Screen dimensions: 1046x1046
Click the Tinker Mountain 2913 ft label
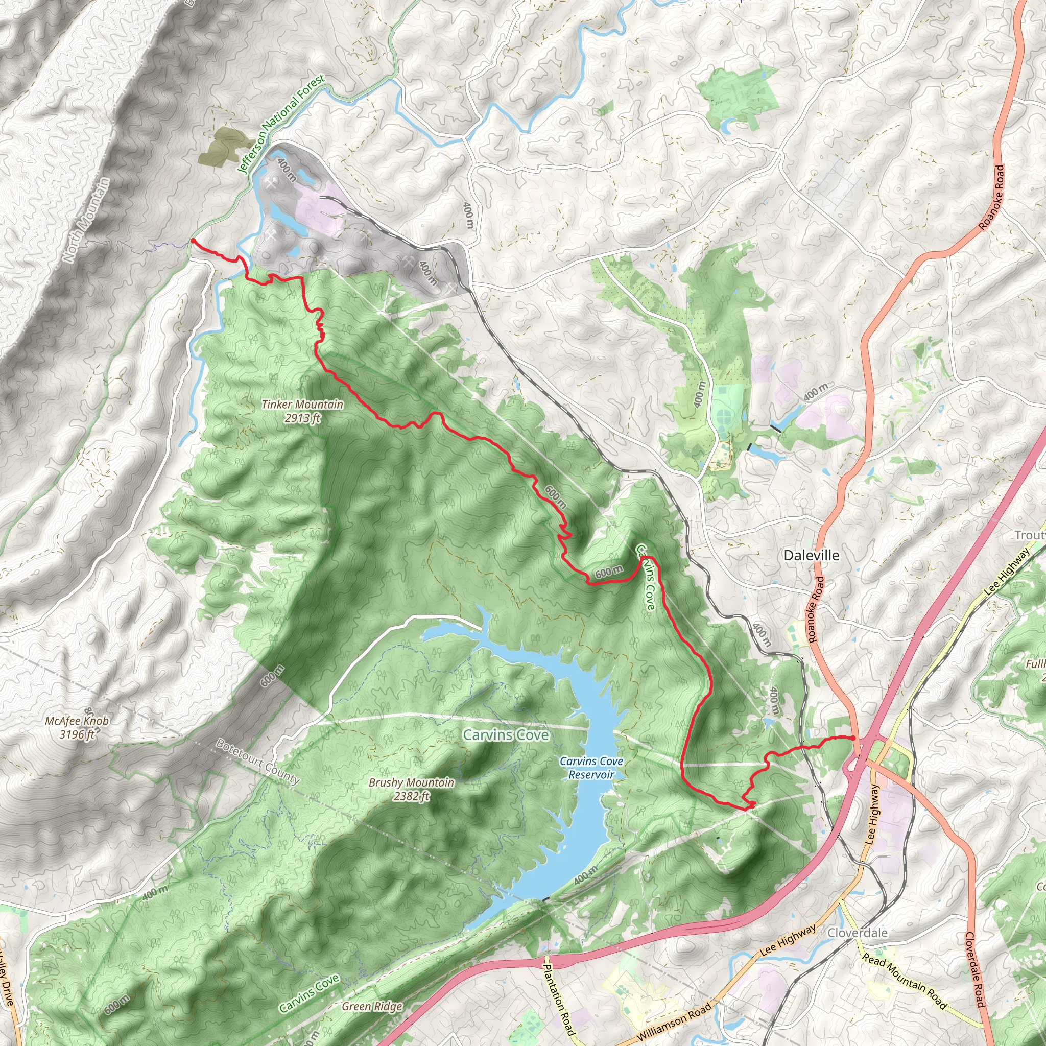point(302,411)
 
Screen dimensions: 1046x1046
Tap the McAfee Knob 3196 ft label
point(77,727)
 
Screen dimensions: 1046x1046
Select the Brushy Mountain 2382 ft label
point(412,789)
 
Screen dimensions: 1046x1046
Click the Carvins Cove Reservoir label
point(591,768)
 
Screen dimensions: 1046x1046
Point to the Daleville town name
point(812,555)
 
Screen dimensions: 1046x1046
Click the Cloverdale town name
point(858,932)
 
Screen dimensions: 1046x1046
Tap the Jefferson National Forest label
point(282,124)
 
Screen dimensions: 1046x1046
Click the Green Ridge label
point(372,1006)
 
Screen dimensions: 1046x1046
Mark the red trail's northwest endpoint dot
point(193,241)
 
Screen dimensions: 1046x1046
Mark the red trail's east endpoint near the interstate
point(853,738)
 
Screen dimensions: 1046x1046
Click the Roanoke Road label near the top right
point(992,197)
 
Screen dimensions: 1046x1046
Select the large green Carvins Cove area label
point(506,734)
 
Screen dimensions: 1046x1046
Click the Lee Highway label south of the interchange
point(872,815)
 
